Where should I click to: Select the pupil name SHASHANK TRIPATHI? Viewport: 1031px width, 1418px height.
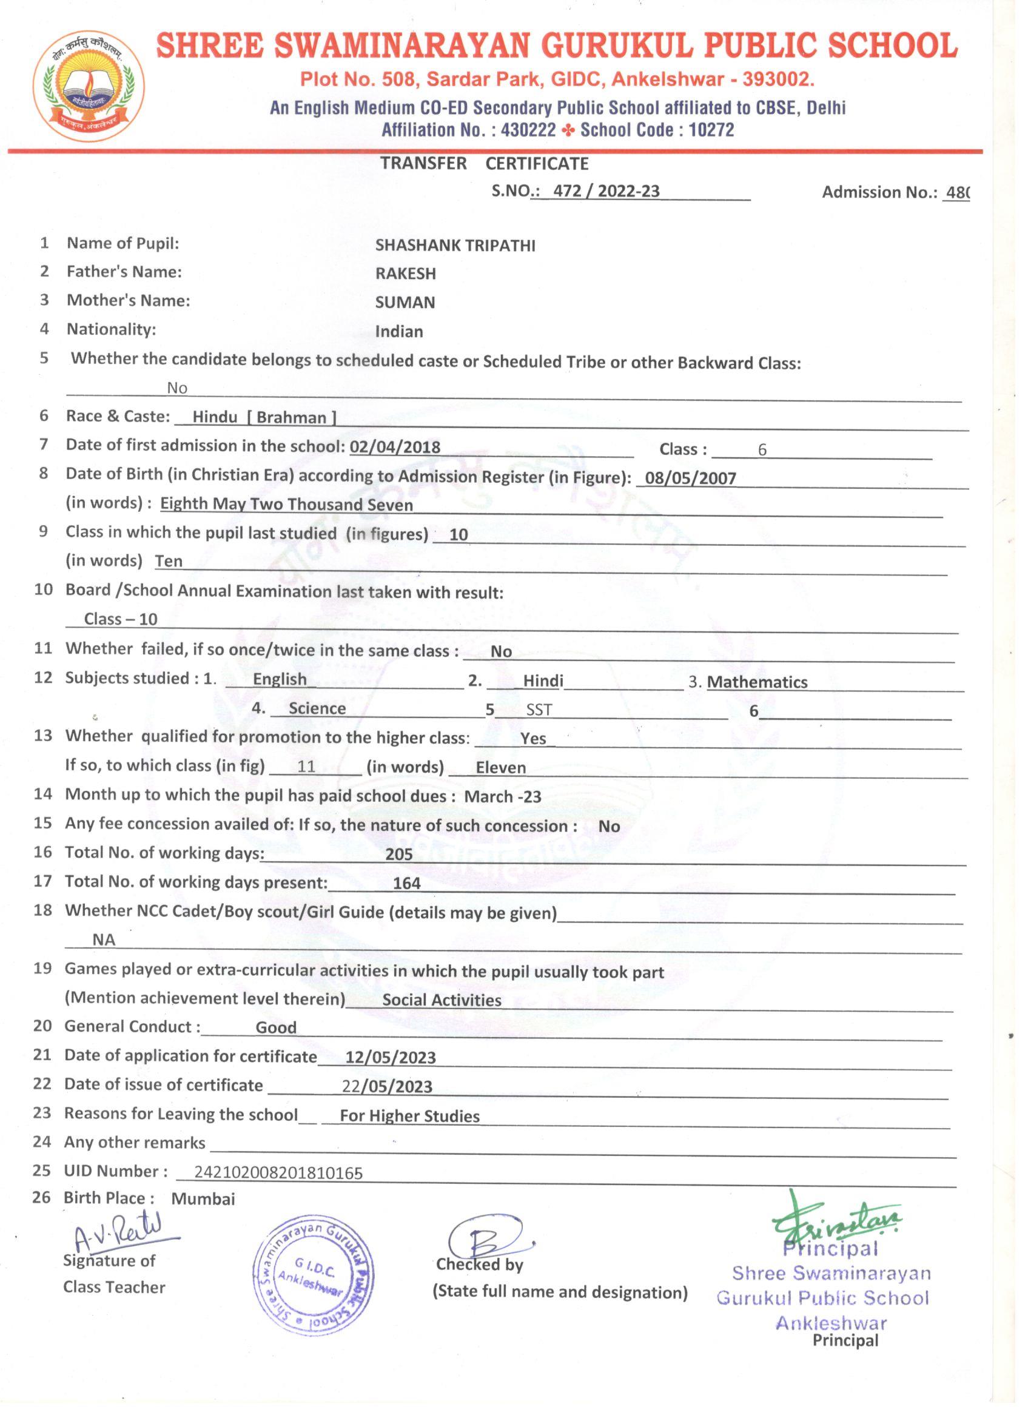455,245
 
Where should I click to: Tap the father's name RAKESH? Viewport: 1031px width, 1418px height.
405,274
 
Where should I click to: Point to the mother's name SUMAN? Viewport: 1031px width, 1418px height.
405,303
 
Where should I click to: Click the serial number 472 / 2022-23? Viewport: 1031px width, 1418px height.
606,191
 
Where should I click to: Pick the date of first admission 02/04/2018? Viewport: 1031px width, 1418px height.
395,447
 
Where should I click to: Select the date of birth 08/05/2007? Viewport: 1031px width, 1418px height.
690,479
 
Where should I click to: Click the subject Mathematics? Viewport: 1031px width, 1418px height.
756,682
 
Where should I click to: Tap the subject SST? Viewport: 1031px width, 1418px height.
539,710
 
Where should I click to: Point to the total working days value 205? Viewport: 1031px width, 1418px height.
399,855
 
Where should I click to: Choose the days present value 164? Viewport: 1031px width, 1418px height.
406,884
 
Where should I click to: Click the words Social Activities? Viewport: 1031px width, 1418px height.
442,1000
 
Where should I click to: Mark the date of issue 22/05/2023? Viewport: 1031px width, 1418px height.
387,1087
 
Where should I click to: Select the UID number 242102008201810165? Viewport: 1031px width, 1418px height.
278,1174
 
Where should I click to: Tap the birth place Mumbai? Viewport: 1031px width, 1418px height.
203,1199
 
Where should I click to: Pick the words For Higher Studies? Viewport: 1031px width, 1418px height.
409,1116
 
